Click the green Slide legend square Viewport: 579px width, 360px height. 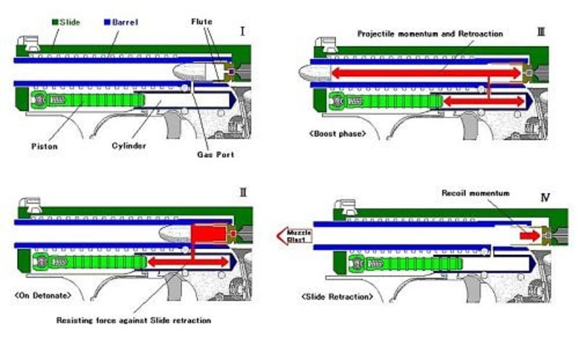(55, 22)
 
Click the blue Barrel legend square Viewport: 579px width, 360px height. (107, 22)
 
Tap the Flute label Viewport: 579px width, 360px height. (201, 22)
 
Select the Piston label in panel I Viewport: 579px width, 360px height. (44, 146)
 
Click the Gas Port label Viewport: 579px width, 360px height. (215, 154)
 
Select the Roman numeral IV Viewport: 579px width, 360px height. (546, 197)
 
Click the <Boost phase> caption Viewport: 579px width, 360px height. (337, 134)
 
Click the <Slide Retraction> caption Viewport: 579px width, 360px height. (337, 297)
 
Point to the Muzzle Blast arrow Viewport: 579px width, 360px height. (294, 236)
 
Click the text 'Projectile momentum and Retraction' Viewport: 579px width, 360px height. (430, 34)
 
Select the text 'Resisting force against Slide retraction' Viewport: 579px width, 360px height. (134, 320)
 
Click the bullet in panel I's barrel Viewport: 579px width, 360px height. (191, 72)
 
